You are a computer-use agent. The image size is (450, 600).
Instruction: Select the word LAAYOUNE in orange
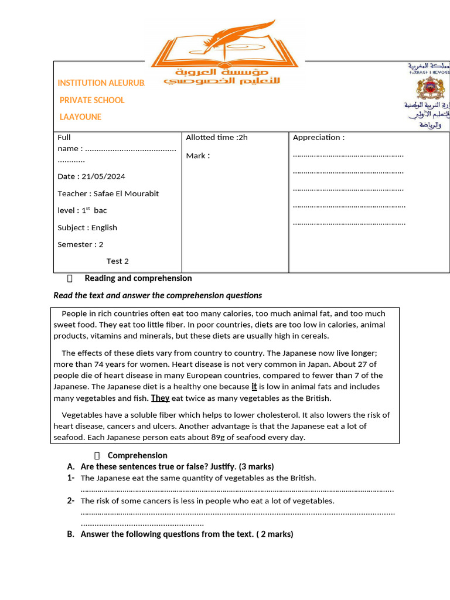click(80, 117)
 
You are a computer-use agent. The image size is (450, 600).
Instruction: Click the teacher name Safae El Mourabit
click(126, 193)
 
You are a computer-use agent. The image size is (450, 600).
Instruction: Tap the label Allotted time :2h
click(217, 137)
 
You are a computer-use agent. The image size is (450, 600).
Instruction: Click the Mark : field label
click(197, 156)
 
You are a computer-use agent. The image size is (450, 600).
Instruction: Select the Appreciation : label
click(319, 137)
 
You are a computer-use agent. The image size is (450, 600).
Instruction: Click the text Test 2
click(117, 261)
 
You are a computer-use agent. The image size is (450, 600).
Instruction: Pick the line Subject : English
click(87, 227)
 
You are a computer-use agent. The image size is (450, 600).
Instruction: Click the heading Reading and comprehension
click(138, 278)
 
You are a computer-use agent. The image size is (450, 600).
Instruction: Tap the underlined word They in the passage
click(160, 398)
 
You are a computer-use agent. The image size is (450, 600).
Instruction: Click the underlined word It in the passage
click(254, 387)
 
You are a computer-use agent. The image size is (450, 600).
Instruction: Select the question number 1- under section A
click(70, 478)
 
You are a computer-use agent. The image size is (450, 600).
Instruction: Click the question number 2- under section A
click(70, 500)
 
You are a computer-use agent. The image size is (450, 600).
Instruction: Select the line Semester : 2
click(80, 244)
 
